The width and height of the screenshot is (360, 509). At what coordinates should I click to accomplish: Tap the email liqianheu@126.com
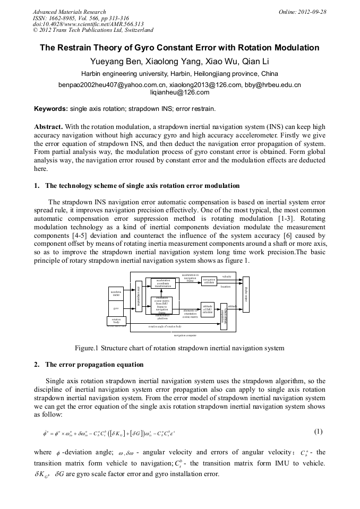[x=180, y=92]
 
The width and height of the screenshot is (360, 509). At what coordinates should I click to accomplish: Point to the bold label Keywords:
[x=50, y=109]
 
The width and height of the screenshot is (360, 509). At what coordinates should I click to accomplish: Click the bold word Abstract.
[x=48, y=127]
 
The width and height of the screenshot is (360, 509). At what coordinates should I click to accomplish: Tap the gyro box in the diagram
[x=116, y=308]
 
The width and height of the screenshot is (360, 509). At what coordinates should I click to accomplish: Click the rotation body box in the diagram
[x=116, y=321]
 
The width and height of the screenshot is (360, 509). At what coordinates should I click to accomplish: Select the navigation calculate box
[x=209, y=281]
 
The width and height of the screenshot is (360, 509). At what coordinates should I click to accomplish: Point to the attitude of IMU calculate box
[x=208, y=309]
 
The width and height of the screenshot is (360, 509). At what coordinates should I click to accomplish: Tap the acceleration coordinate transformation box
[x=162, y=283]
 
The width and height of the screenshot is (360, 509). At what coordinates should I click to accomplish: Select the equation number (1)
[x=319, y=432]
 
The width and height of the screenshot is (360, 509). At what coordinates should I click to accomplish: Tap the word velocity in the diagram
[x=227, y=277]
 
